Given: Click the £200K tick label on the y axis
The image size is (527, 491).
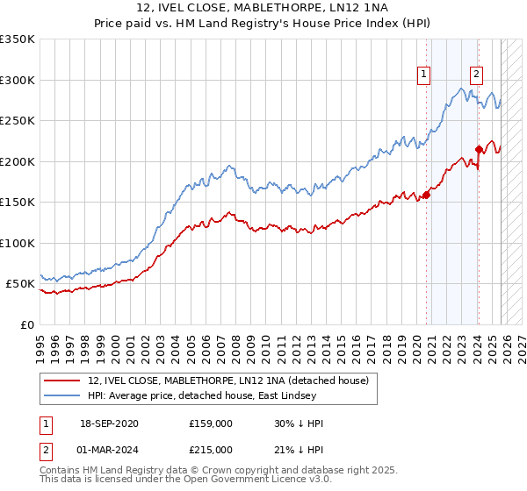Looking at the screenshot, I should (x=18, y=161).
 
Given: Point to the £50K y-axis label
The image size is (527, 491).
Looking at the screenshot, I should (x=20, y=284).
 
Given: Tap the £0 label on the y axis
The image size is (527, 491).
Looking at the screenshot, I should (x=27, y=325).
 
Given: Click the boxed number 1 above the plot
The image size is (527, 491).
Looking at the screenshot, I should (x=424, y=75).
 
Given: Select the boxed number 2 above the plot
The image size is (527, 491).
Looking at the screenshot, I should (x=476, y=75).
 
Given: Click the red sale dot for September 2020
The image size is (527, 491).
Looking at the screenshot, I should (x=427, y=195).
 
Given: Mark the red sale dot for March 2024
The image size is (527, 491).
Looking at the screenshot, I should (x=479, y=149).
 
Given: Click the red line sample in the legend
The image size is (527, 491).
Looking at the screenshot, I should (x=63, y=380).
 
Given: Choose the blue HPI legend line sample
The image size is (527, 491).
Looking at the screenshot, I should (x=63, y=395).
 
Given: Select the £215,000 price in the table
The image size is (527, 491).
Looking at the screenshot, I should (x=210, y=450).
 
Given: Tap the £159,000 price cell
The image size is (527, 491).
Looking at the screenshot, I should (x=210, y=423).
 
